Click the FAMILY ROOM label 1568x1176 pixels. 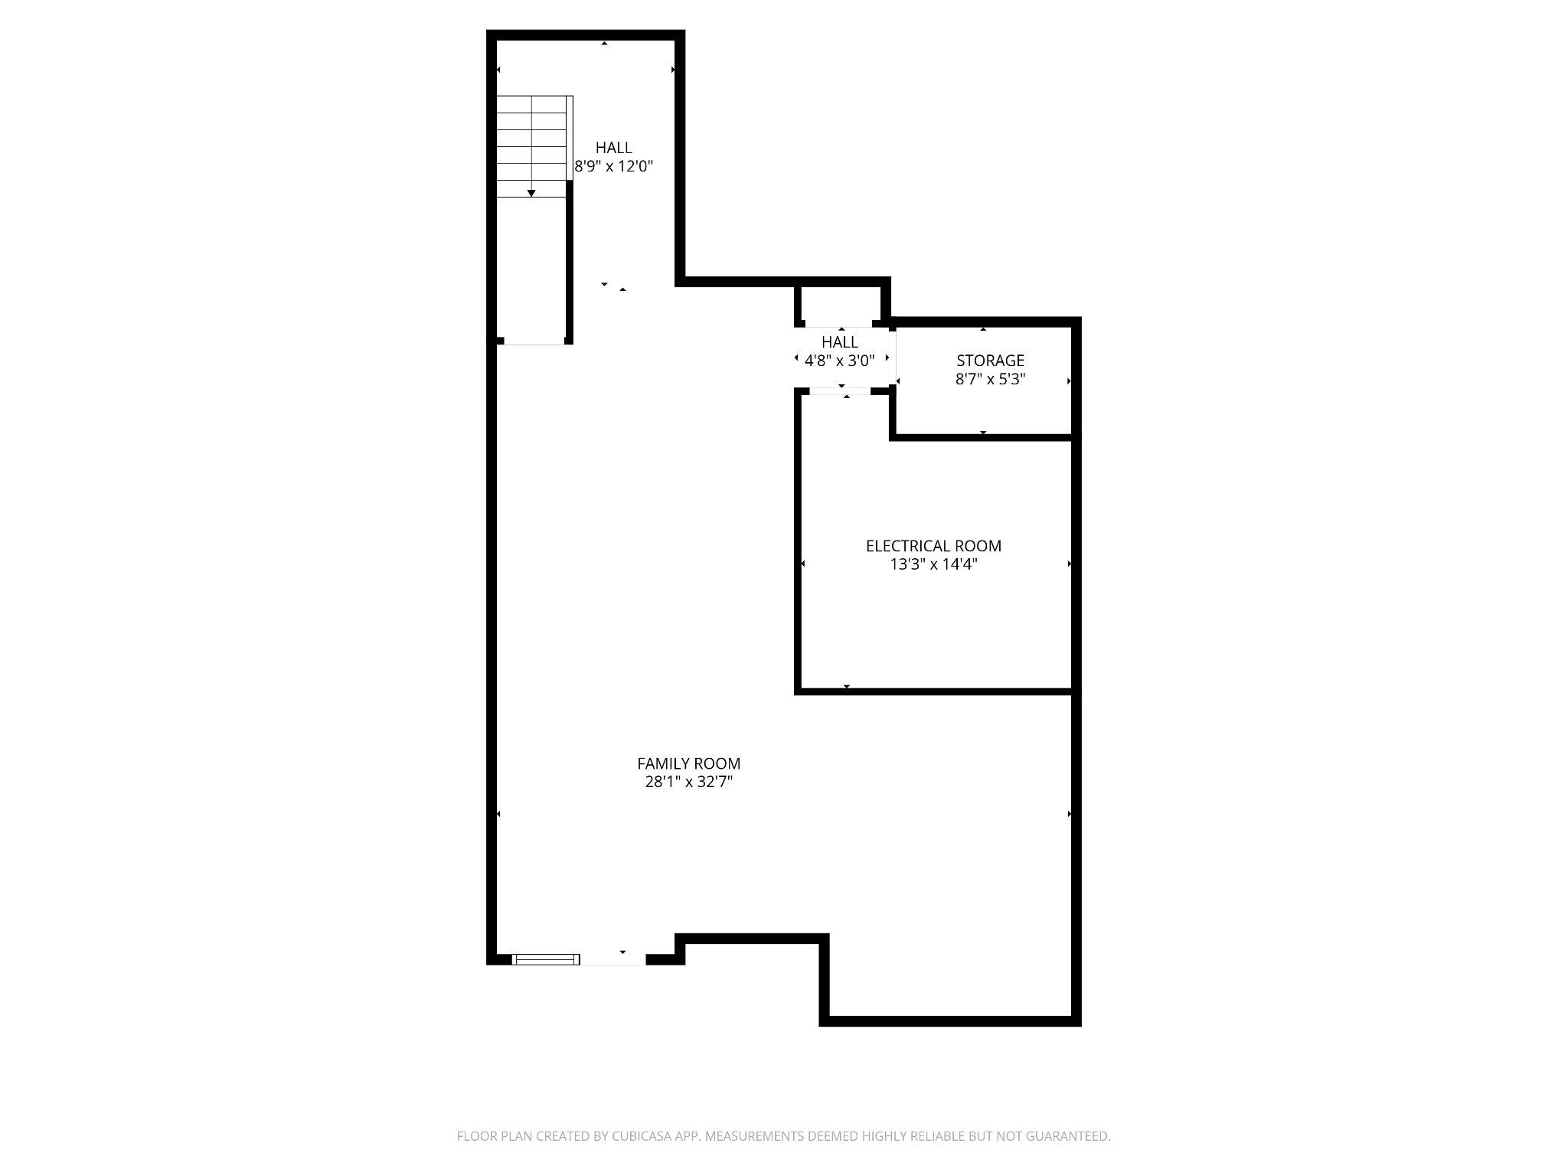pyautogui.click(x=688, y=763)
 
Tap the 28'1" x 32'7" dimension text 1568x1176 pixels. pyautogui.click(x=688, y=782)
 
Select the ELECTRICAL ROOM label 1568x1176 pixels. pyautogui.click(x=933, y=546)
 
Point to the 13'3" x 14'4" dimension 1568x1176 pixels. pyautogui.click(x=933, y=564)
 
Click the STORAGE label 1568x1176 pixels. pyautogui.click(x=990, y=360)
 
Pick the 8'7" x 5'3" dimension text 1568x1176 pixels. pyautogui.click(x=990, y=378)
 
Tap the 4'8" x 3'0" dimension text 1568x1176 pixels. pyautogui.click(x=840, y=360)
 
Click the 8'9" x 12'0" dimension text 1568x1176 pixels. pyautogui.click(x=614, y=166)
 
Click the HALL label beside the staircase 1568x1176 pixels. pyautogui.click(x=614, y=148)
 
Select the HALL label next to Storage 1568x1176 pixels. pyautogui.click(x=840, y=341)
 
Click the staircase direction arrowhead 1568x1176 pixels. pyautogui.click(x=531, y=193)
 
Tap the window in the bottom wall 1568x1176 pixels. pyautogui.click(x=546, y=959)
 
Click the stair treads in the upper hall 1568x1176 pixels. pyautogui.click(x=531, y=145)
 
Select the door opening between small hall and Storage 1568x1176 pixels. pyautogui.click(x=895, y=358)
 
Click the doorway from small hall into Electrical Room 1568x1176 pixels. pyautogui.click(x=840, y=391)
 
